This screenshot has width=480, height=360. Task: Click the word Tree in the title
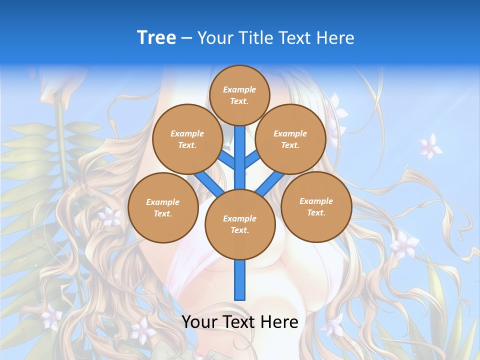[156, 38]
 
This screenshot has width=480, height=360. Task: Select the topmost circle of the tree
[239, 95]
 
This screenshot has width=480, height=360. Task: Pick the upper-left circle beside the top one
[187, 139]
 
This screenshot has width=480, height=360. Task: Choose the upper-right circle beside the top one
[290, 139]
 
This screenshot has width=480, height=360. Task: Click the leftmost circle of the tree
[162, 207]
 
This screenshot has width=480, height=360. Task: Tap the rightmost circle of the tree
[316, 206]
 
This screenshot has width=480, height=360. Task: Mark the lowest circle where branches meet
[239, 224]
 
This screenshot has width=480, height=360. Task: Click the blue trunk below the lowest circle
[240, 280]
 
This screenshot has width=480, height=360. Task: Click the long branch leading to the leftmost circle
[207, 183]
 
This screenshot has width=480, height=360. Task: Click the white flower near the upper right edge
[429, 146]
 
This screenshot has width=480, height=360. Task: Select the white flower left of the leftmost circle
[109, 217]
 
